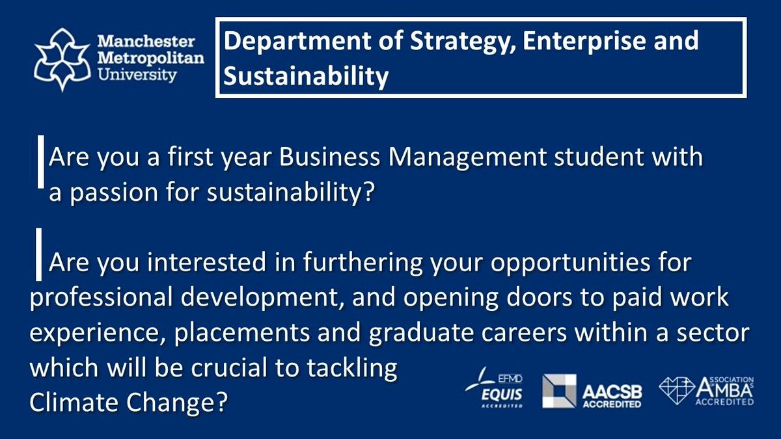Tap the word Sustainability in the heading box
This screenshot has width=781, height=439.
click(306, 76)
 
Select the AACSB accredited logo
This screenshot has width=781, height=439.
click(592, 390)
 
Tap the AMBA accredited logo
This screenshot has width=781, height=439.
click(706, 390)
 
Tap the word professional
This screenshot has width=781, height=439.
click(91, 299)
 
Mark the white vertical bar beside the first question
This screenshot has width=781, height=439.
click(41, 167)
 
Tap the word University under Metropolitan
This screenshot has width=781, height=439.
click(137, 75)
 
